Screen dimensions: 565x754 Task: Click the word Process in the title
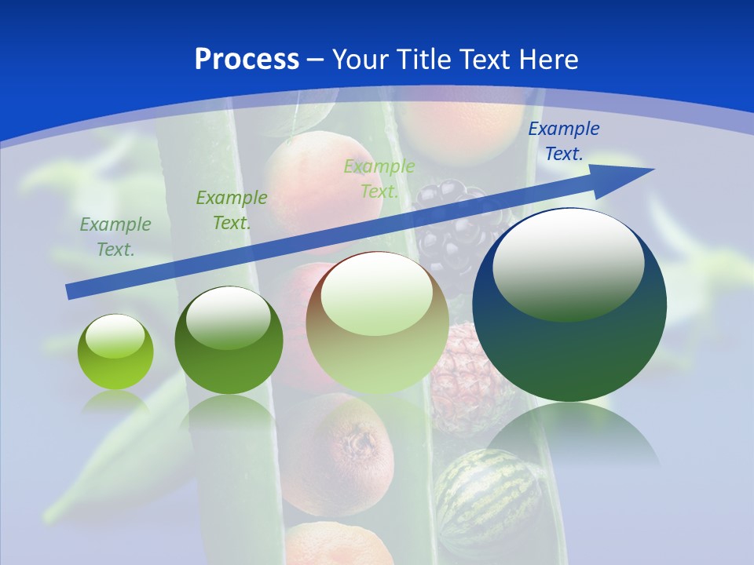[x=247, y=60]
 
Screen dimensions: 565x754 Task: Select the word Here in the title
[x=547, y=60]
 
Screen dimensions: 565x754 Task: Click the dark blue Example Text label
[x=563, y=141]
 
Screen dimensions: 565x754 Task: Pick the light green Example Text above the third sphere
[x=379, y=179]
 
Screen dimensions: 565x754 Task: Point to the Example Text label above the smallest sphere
[x=115, y=237]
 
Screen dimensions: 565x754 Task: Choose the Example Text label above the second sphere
[x=232, y=210]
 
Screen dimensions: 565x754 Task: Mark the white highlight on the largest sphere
[x=569, y=263]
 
